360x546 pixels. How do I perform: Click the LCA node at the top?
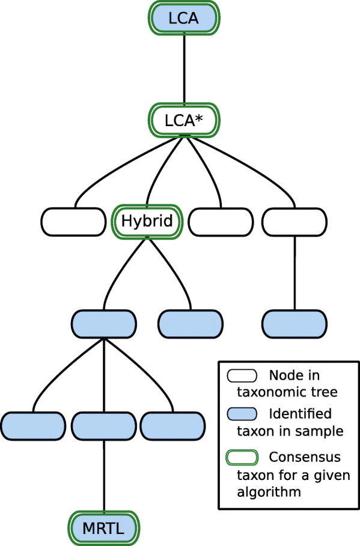[x=183, y=19]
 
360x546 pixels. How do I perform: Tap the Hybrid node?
[x=147, y=221]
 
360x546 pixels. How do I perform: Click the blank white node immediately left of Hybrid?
[x=74, y=221]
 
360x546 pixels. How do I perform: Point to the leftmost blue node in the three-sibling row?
[x=32, y=425]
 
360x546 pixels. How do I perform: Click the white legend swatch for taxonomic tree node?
[x=242, y=376]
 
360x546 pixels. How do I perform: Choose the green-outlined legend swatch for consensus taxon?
[x=242, y=457]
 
